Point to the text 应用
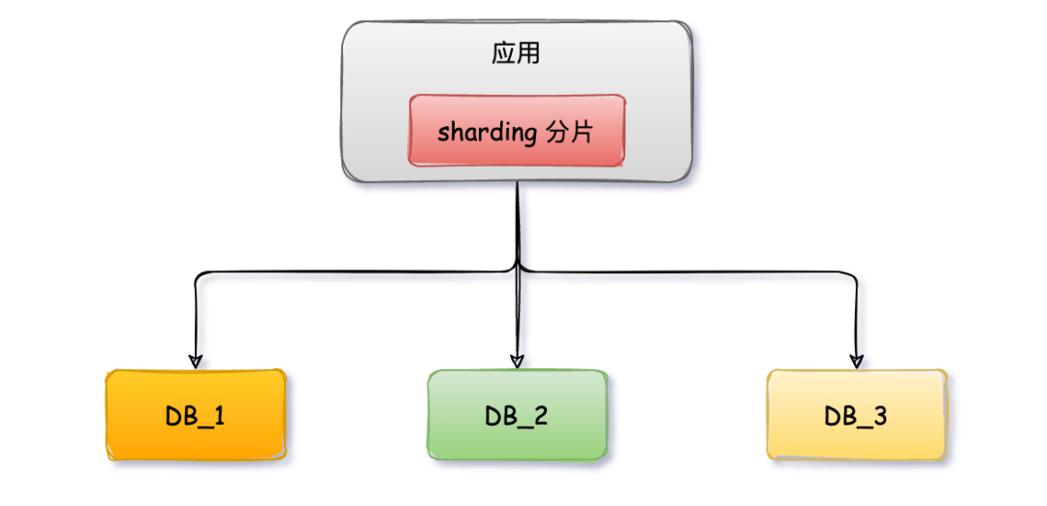(x=516, y=53)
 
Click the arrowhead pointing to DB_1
(x=196, y=361)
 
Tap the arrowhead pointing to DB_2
(x=518, y=361)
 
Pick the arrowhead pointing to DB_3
(x=856, y=361)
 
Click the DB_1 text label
(x=196, y=417)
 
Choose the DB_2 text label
(x=517, y=417)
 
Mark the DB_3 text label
(x=856, y=417)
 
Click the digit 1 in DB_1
(x=219, y=416)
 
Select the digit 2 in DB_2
(x=540, y=416)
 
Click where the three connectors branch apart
(x=519, y=268)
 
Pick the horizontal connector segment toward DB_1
(x=349, y=272)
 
